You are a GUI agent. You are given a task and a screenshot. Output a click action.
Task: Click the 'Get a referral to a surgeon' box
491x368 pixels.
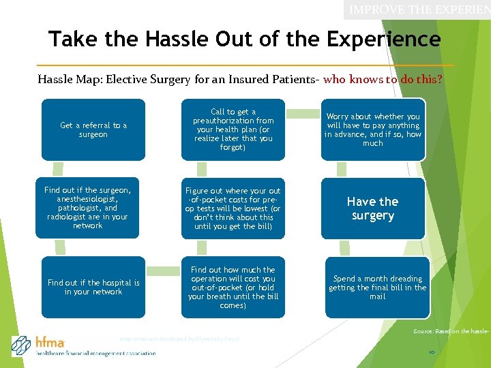pos(93,129)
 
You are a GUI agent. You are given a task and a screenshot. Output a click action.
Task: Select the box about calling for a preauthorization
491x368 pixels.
pos(233,129)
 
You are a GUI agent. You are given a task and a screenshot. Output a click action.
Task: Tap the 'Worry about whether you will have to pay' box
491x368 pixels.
pos(373,129)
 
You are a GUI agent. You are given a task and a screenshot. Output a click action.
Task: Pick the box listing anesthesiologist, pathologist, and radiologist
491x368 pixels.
pos(87,208)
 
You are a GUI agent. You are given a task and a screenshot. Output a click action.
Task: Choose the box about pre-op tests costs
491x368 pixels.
pos(233,208)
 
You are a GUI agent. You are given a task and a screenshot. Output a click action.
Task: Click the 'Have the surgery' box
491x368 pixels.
pos(373,208)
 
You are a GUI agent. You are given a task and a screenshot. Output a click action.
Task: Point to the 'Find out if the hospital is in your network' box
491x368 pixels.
pos(93,287)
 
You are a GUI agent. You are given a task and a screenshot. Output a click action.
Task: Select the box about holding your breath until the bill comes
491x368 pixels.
pos(233,287)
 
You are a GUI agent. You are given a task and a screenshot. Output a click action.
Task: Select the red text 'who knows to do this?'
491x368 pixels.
pos(383,79)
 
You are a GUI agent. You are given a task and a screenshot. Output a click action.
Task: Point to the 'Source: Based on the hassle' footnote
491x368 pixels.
pos(451,331)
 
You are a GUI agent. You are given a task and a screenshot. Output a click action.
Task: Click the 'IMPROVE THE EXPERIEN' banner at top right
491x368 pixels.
pos(418,10)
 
